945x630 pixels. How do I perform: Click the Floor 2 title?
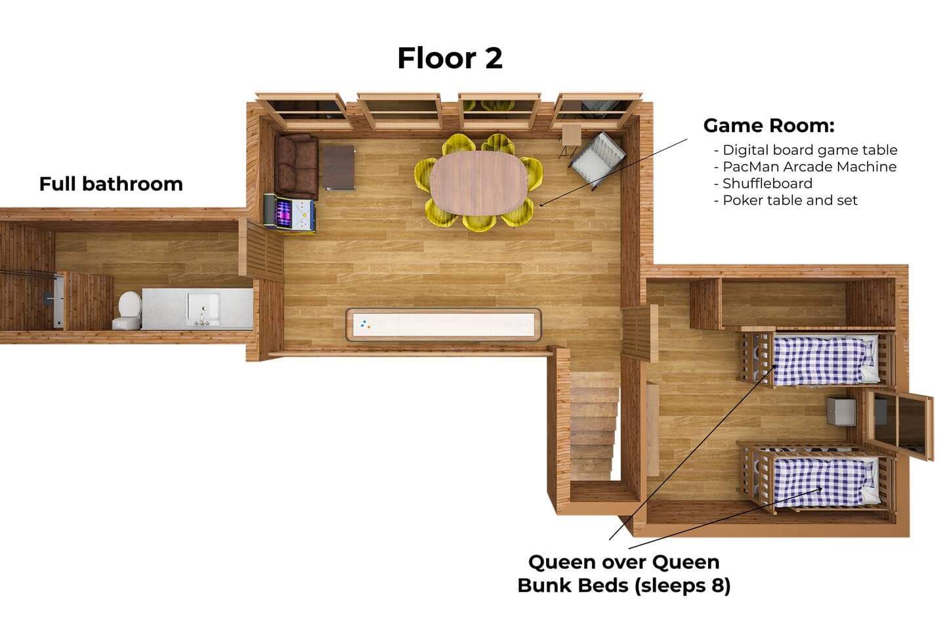pos(450,58)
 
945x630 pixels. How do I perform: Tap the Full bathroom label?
pos(111,184)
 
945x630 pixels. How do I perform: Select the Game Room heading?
pos(768,125)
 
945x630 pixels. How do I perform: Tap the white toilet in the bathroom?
pos(127,310)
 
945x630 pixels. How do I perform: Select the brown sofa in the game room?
pos(297,166)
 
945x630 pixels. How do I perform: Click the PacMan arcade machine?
pos(289,213)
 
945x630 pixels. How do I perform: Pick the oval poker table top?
pos(479,183)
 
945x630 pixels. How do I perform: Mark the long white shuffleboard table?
pos(444,324)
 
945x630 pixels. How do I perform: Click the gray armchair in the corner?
pos(597,159)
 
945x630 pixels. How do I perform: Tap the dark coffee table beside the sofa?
pos(339,168)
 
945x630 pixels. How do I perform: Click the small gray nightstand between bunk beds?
pos(841,411)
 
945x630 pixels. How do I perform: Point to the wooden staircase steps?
pos(594,425)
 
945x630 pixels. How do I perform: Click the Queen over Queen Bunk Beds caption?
pos(624,574)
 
